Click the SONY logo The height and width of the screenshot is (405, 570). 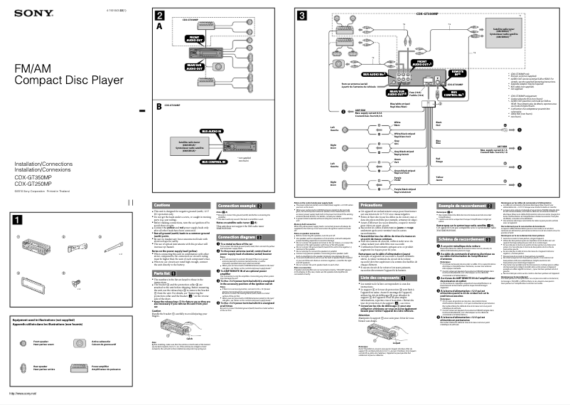click(21, 14)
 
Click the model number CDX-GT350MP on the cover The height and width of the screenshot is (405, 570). click(29, 178)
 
